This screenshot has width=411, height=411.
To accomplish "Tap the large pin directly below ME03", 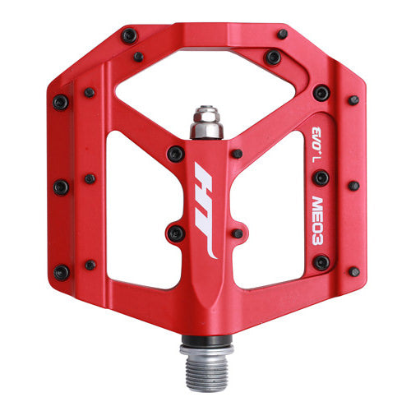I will [321, 262].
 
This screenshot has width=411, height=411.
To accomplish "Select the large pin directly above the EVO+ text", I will [321, 94].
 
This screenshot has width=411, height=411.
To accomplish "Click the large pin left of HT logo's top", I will [175, 153].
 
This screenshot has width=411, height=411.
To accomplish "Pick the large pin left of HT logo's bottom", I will [175, 233].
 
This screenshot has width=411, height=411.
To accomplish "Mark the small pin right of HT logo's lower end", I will [237, 233].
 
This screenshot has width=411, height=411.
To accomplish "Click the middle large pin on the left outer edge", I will [61, 187].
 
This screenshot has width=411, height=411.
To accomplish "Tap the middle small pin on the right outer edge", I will [353, 186].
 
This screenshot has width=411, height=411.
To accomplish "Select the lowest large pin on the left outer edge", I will [61, 272].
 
